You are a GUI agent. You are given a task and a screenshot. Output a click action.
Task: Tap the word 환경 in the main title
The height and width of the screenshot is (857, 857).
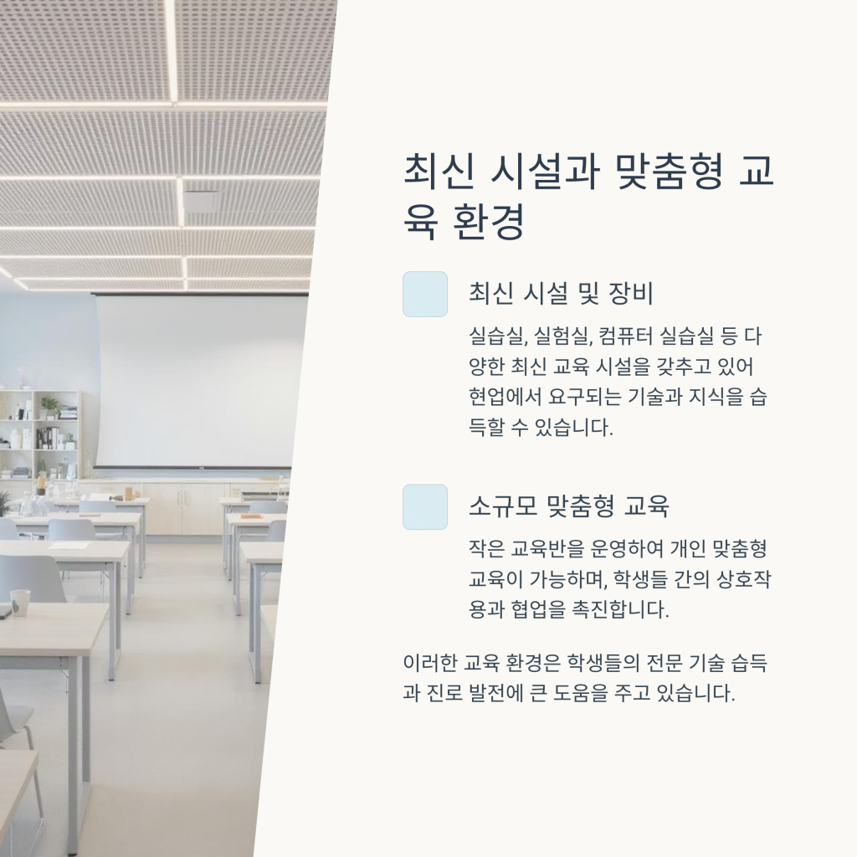tap(489, 221)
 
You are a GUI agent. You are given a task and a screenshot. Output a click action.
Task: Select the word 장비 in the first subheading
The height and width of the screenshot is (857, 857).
tap(631, 294)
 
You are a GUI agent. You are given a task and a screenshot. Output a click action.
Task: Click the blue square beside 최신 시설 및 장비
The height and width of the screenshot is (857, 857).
tap(425, 294)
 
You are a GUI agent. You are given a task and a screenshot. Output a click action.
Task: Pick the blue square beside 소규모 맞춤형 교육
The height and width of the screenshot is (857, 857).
tap(425, 506)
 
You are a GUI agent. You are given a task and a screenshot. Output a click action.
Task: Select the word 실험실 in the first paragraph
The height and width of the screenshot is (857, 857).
tap(563, 336)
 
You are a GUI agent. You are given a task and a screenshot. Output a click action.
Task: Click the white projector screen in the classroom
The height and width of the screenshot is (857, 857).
tap(200, 381)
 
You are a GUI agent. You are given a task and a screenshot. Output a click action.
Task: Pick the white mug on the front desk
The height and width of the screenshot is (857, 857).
tap(20, 603)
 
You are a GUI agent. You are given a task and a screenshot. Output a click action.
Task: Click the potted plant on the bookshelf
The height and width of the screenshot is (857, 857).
tap(49, 407)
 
